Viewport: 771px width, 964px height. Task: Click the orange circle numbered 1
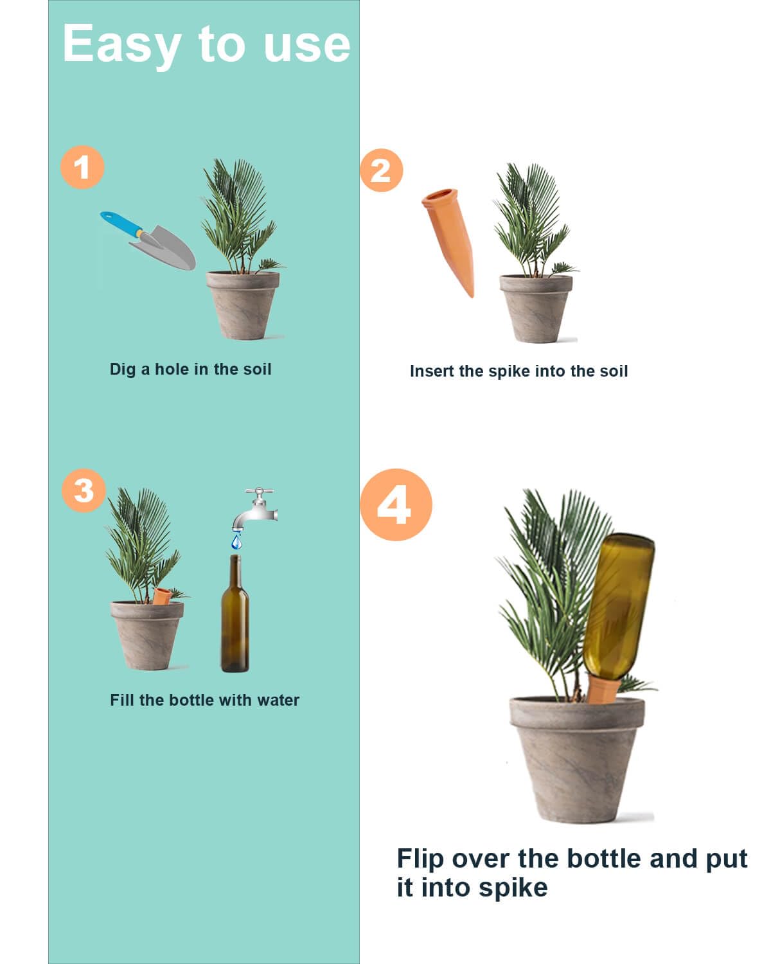click(82, 168)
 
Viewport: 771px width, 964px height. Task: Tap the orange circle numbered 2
click(381, 170)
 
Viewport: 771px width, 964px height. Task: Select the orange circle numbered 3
click(84, 491)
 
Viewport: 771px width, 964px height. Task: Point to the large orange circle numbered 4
click(395, 504)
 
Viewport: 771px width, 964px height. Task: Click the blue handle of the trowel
click(121, 223)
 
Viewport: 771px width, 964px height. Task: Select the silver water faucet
click(256, 508)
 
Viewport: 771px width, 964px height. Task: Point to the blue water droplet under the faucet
click(237, 543)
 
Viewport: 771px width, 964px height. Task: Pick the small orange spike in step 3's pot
click(161, 596)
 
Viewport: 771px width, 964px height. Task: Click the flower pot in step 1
click(243, 305)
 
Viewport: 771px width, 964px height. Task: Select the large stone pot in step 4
click(576, 758)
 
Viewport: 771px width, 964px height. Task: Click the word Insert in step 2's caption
click(432, 371)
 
